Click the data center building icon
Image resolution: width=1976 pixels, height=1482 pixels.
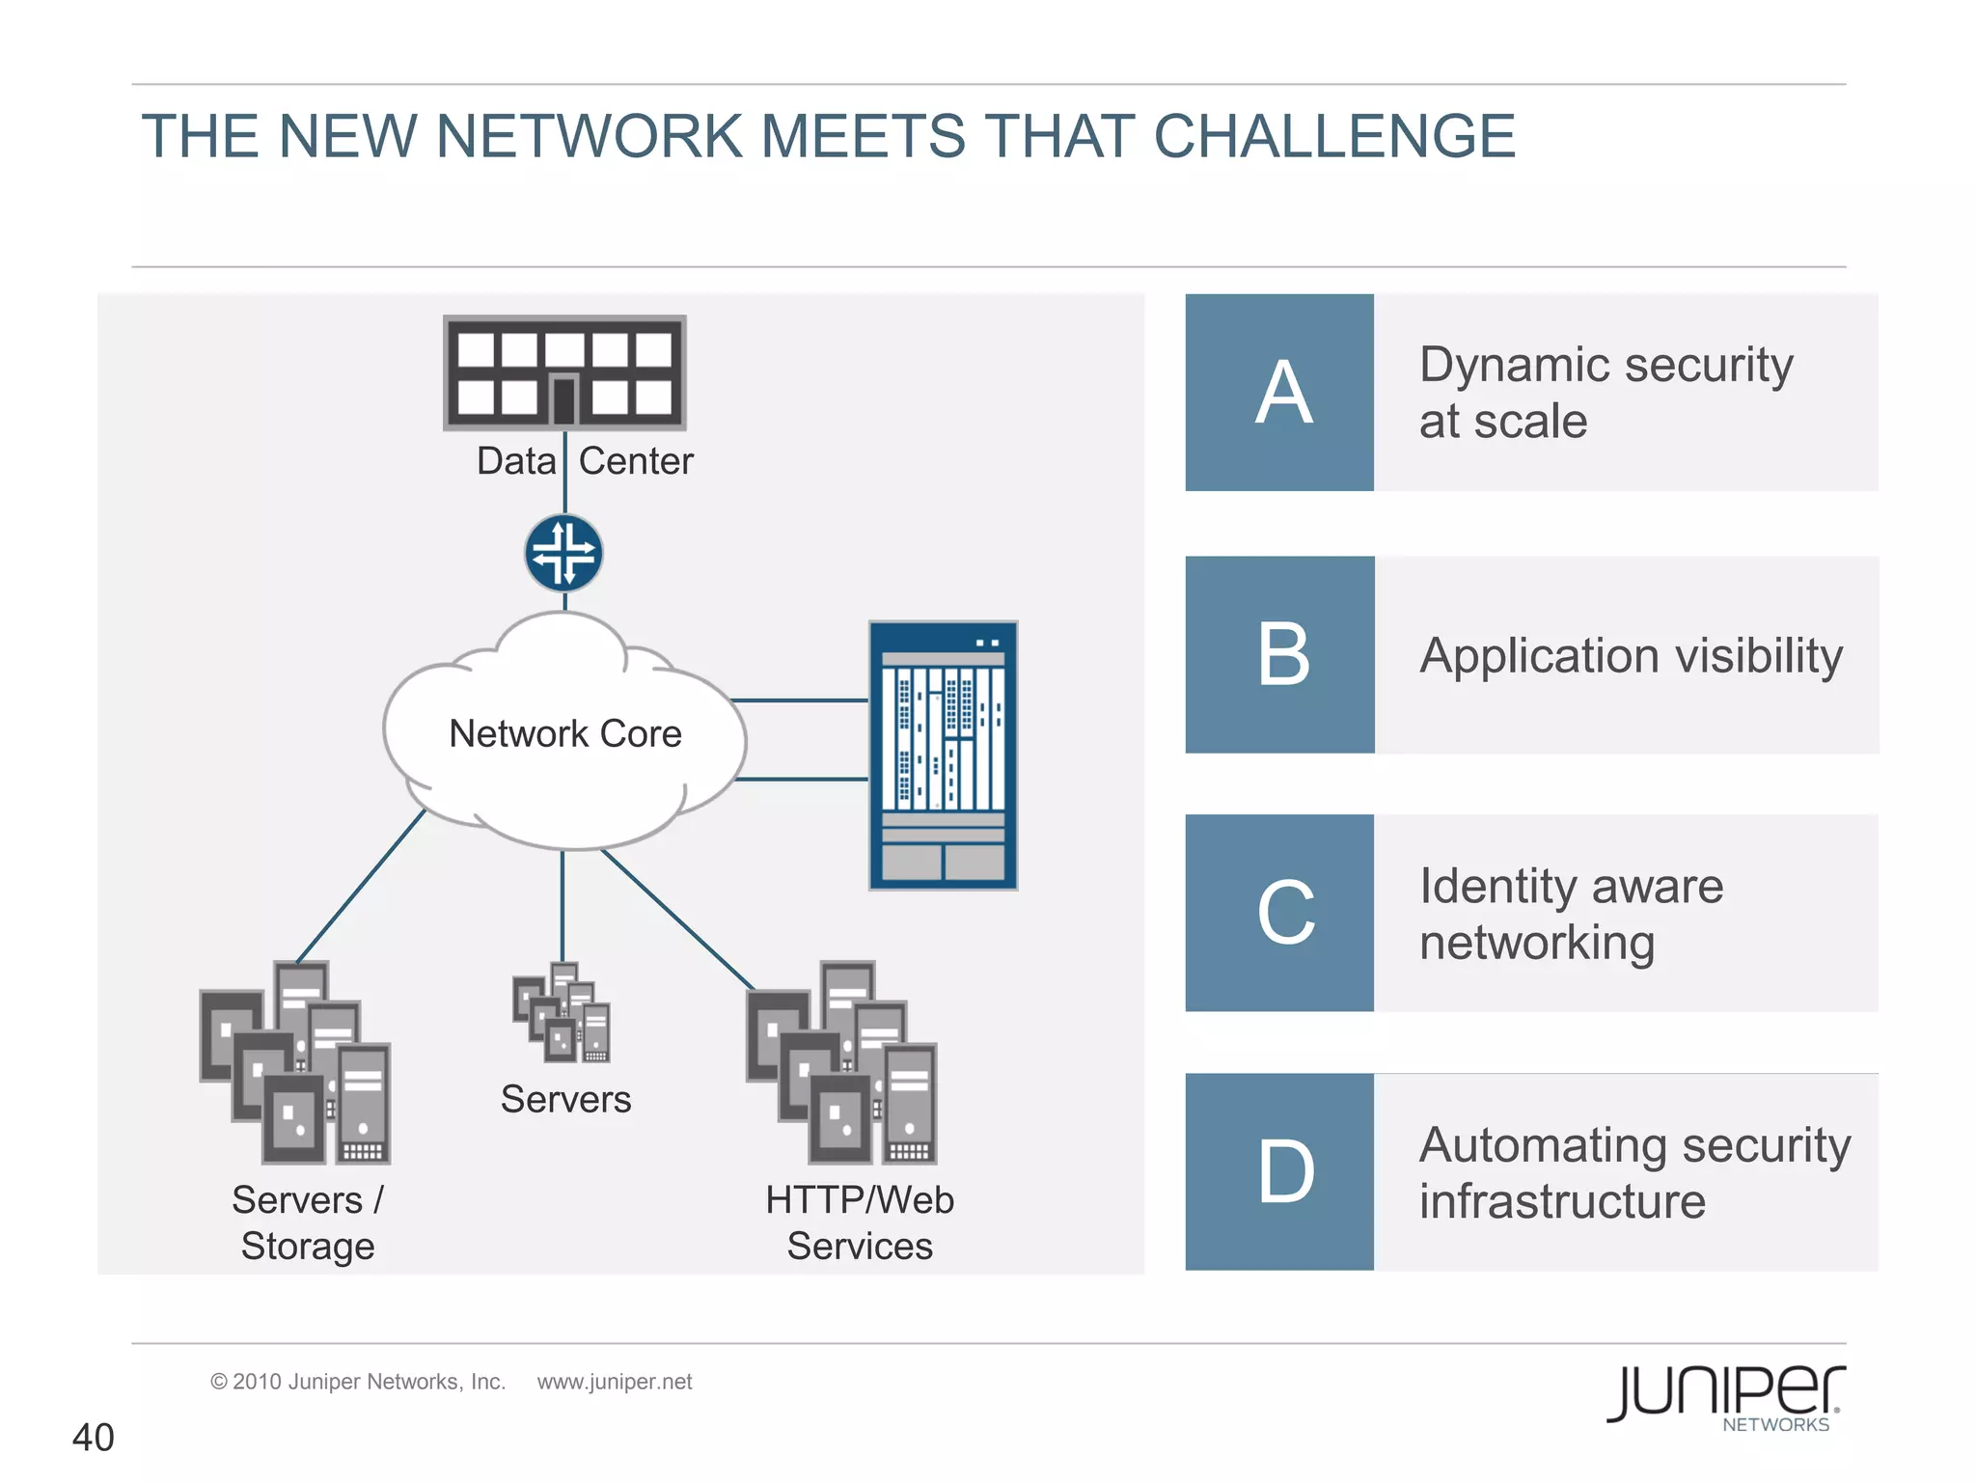point(564,372)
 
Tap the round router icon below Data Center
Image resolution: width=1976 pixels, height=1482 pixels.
point(564,553)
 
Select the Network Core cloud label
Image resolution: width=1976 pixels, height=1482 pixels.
point(565,734)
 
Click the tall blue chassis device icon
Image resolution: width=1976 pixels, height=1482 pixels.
point(943,755)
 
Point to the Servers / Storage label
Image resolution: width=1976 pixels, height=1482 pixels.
point(307,1222)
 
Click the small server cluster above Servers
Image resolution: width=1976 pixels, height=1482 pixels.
point(563,1013)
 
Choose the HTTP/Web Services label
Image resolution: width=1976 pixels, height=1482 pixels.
point(860,1222)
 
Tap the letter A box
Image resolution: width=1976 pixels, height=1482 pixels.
point(1279,393)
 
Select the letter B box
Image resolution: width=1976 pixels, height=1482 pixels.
point(1279,654)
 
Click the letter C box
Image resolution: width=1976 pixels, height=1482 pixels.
point(1279,913)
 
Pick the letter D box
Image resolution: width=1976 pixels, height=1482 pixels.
point(1279,1171)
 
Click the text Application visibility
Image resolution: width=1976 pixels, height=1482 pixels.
point(1631,656)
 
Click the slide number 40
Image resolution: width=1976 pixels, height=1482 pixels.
point(94,1438)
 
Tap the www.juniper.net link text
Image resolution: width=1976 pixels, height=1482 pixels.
point(615,1382)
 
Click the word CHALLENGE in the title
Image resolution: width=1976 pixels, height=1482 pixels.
point(1333,136)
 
